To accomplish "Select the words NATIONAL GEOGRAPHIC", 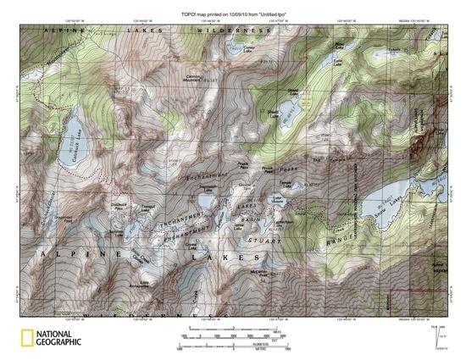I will click(x=61, y=337).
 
